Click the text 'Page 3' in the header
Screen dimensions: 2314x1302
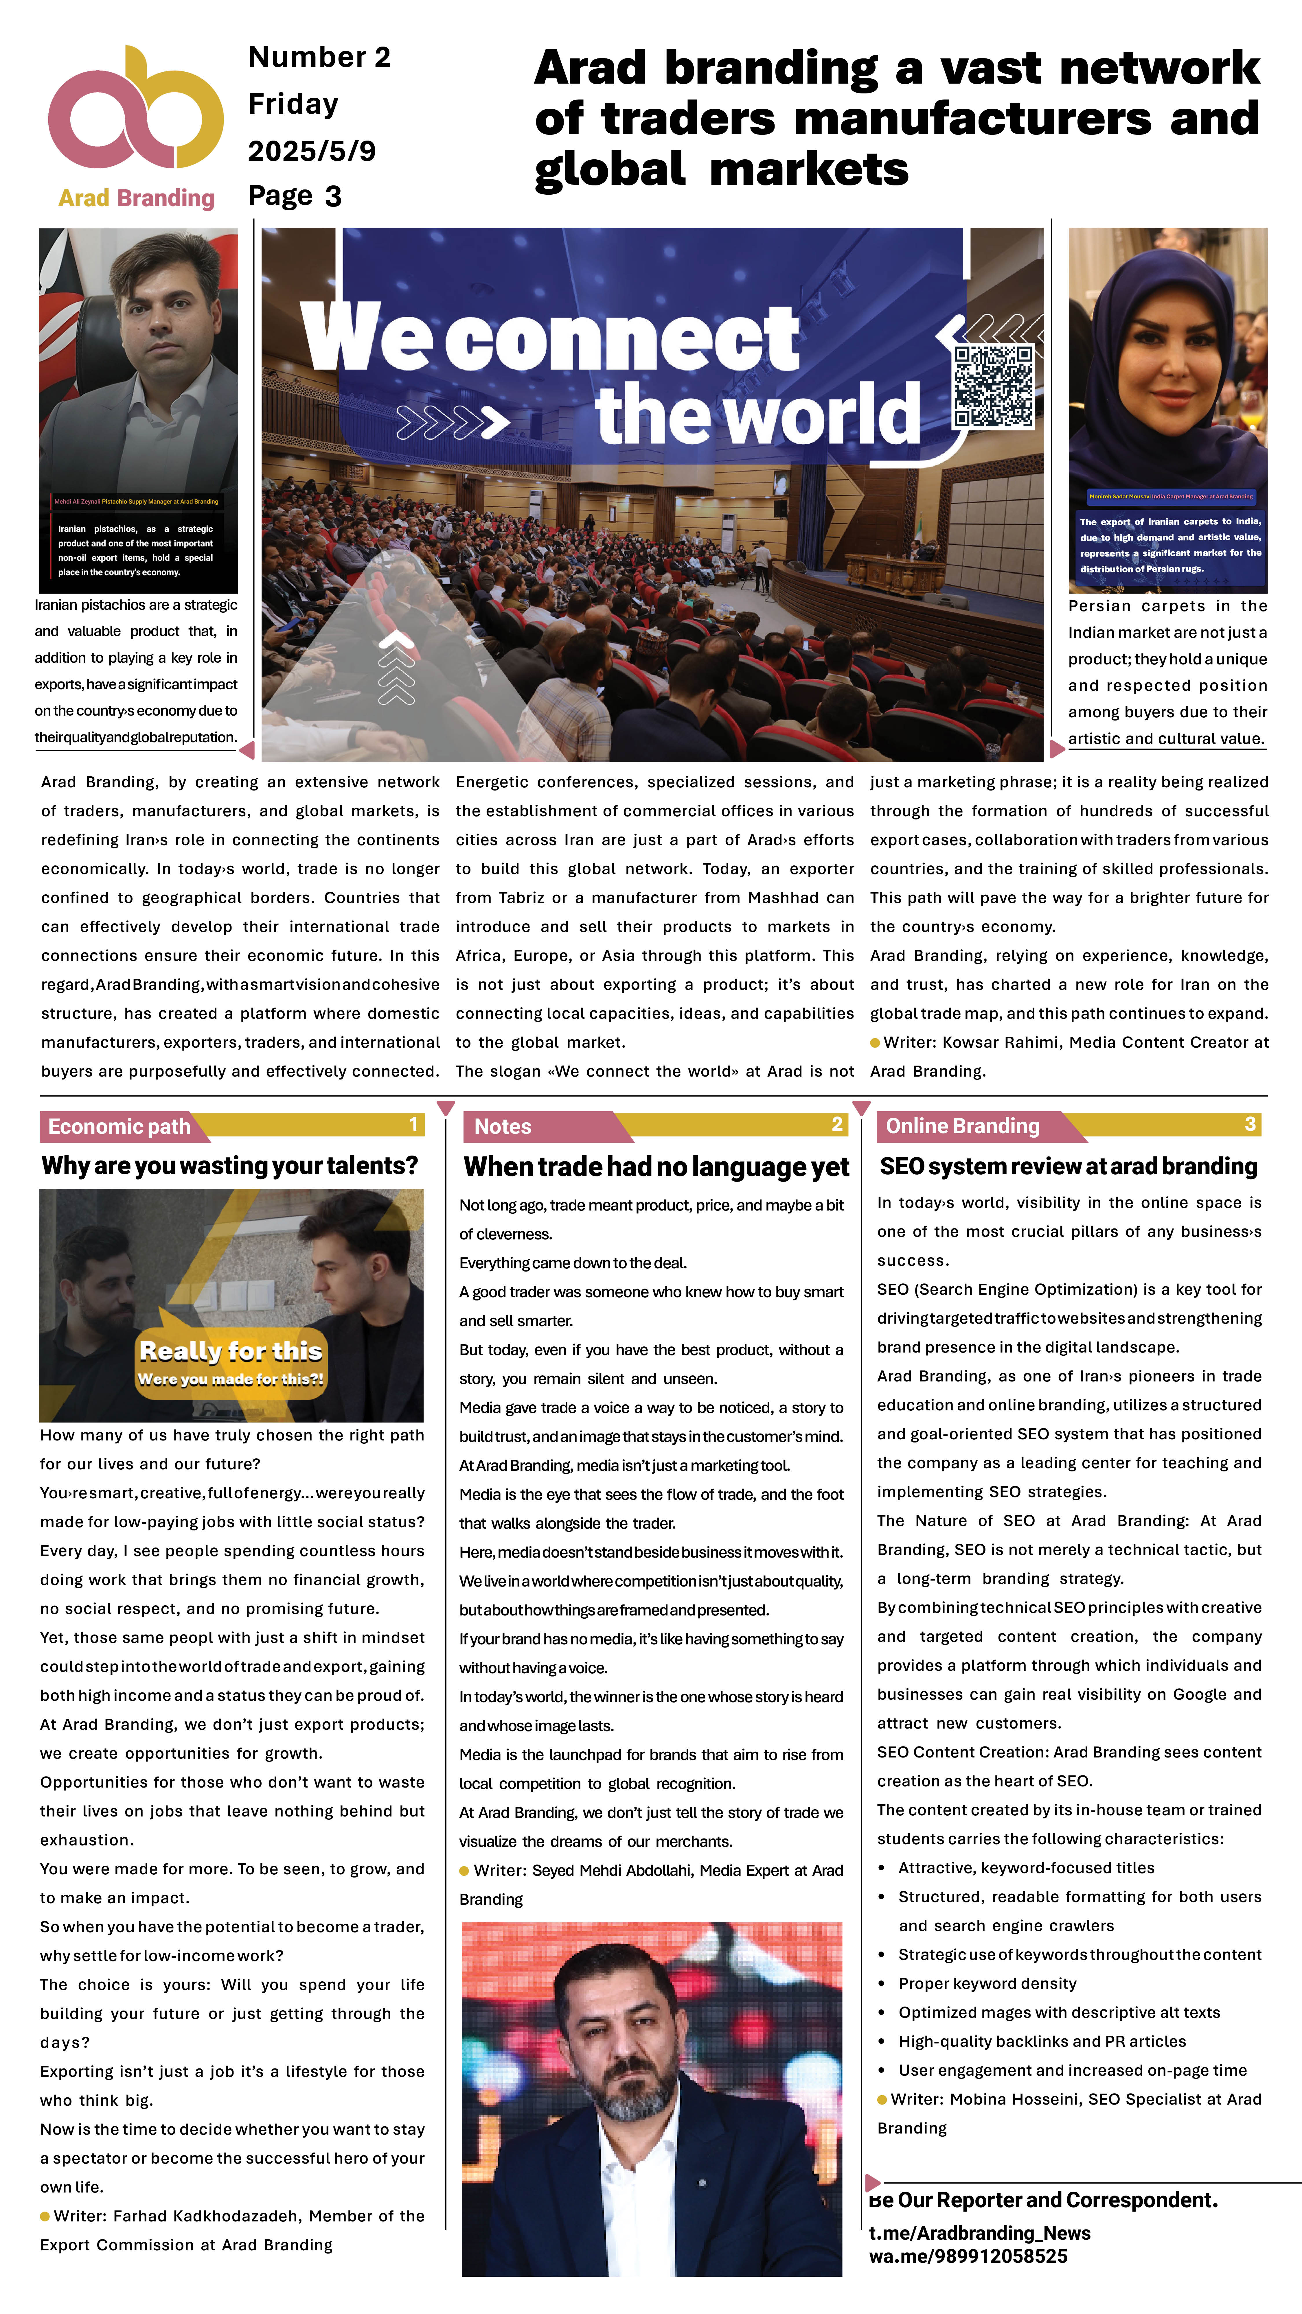295,196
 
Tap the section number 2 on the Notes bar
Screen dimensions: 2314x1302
836,1125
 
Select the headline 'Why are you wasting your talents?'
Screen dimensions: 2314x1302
230,1166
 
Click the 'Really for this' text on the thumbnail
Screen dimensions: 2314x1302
231,1351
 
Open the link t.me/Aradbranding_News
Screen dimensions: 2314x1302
979,2233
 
